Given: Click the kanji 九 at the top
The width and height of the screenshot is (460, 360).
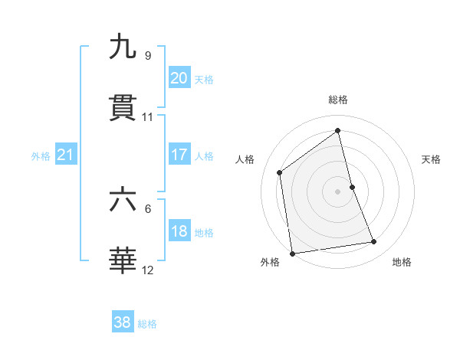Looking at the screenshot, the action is tap(123, 47).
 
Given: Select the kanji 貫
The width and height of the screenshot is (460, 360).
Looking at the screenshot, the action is tap(123, 109).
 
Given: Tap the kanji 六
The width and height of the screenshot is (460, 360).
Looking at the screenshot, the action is tap(123, 200).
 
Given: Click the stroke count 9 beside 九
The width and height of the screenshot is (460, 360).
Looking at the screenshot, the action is tap(147, 55).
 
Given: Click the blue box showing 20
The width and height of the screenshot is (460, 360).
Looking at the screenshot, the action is tap(179, 78).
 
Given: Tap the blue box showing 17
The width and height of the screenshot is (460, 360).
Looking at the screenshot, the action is tap(179, 155).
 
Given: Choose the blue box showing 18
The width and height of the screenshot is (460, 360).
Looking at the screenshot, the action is tap(179, 231).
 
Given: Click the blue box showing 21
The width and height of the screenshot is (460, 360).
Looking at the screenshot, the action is tap(65, 155).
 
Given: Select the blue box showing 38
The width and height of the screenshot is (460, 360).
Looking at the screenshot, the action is tap(122, 322).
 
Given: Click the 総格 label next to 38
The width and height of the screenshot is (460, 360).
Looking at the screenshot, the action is tap(147, 324).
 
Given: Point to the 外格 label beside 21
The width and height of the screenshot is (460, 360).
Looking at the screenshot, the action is tap(41, 156).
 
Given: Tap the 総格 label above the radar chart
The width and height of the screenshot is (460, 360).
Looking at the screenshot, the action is tap(338, 100).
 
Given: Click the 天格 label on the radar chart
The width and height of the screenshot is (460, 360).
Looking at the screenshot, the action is tap(431, 159).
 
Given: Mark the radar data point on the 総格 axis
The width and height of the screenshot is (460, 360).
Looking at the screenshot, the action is tap(338, 130).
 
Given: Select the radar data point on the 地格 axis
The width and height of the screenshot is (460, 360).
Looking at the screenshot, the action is tap(374, 242).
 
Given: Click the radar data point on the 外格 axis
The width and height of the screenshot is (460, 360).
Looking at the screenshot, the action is tap(292, 253).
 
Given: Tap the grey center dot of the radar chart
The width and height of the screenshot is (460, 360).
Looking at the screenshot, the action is tap(338, 191).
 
